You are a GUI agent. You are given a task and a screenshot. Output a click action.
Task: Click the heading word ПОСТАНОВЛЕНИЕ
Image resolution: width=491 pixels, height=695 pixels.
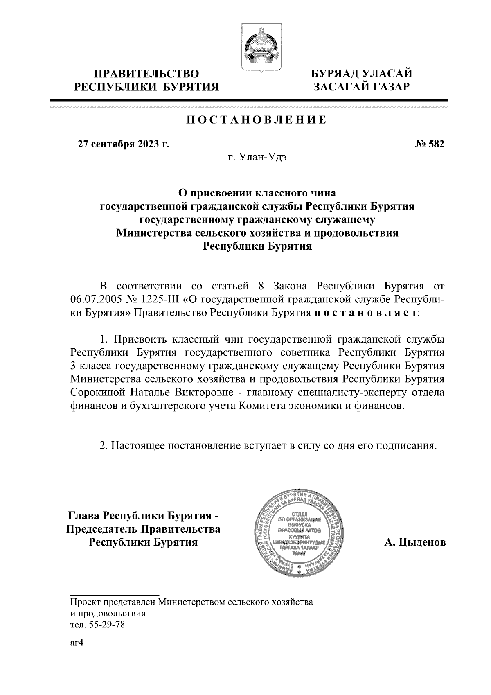tap(257, 120)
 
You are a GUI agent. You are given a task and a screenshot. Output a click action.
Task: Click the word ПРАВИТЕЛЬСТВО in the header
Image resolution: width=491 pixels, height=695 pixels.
tap(147, 74)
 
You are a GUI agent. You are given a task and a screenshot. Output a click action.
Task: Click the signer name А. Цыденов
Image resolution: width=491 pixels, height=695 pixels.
tap(414, 543)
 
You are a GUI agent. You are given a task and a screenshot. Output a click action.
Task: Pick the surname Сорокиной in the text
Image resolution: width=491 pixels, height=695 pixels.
tap(97, 393)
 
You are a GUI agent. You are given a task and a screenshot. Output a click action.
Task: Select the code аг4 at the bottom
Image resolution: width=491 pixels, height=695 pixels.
tap(77, 643)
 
